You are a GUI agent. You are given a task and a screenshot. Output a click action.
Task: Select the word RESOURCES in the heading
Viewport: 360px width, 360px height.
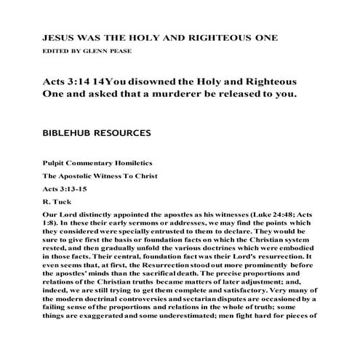(127, 134)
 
